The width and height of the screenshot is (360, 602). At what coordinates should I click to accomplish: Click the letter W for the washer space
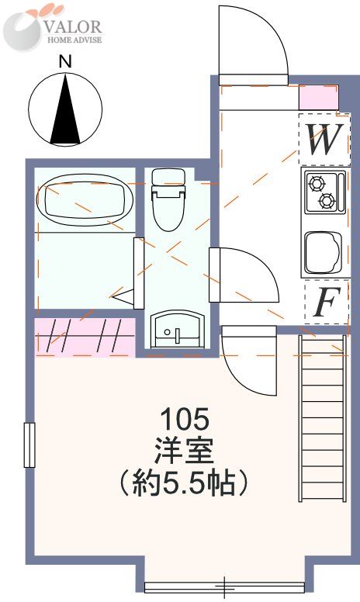click(x=323, y=140)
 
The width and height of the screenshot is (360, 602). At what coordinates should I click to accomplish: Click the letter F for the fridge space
click(x=325, y=303)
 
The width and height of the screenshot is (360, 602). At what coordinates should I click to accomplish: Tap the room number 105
click(x=184, y=420)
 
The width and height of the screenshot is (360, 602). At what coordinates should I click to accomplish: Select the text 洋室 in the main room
click(x=184, y=451)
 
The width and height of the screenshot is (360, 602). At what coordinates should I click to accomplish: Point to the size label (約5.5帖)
click(x=184, y=483)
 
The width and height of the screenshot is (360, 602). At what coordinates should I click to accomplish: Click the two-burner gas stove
click(x=321, y=192)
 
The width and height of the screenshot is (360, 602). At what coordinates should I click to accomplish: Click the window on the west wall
click(x=29, y=445)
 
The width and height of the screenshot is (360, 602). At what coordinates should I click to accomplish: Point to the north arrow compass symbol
click(x=65, y=109)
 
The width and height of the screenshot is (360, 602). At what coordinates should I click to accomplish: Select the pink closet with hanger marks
click(x=84, y=337)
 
